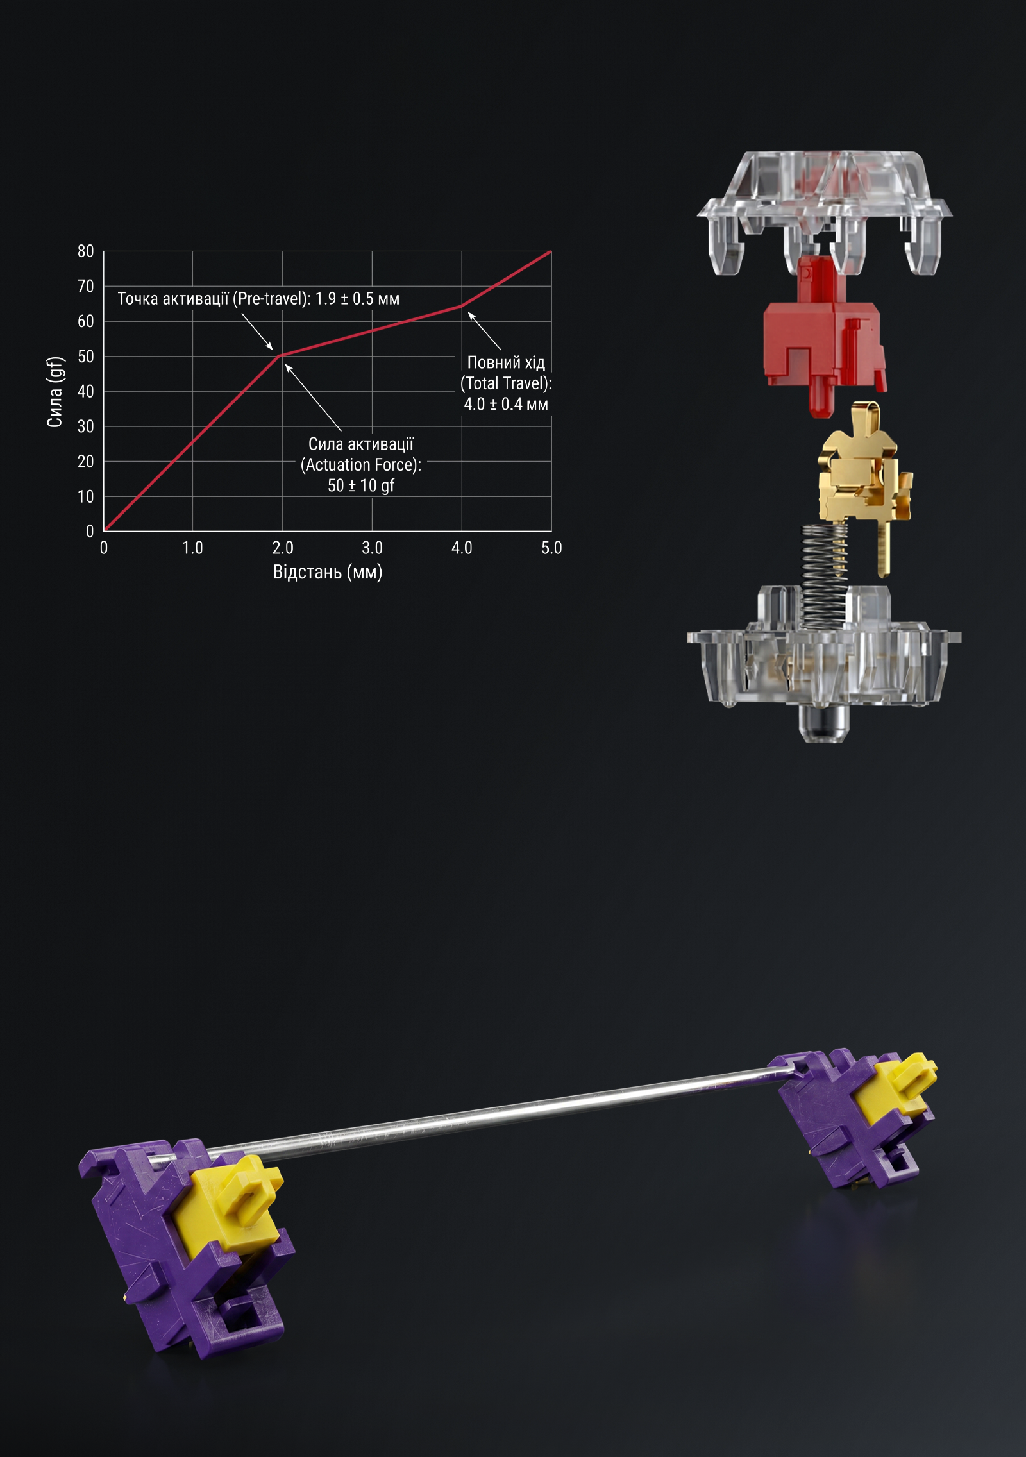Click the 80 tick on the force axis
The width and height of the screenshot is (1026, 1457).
[85, 251]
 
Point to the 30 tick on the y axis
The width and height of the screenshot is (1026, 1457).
[85, 426]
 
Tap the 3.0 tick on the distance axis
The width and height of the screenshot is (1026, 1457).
[372, 548]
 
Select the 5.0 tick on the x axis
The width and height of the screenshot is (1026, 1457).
[551, 548]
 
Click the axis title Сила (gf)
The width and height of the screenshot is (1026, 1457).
[55, 391]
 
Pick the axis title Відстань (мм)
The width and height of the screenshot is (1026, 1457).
[327, 571]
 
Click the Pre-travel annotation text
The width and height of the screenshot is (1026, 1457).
[258, 299]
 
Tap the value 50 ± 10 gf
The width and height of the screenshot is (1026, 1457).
[361, 485]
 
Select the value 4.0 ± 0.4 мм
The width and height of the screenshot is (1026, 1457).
[506, 404]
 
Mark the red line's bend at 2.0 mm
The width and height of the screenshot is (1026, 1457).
[281, 355]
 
